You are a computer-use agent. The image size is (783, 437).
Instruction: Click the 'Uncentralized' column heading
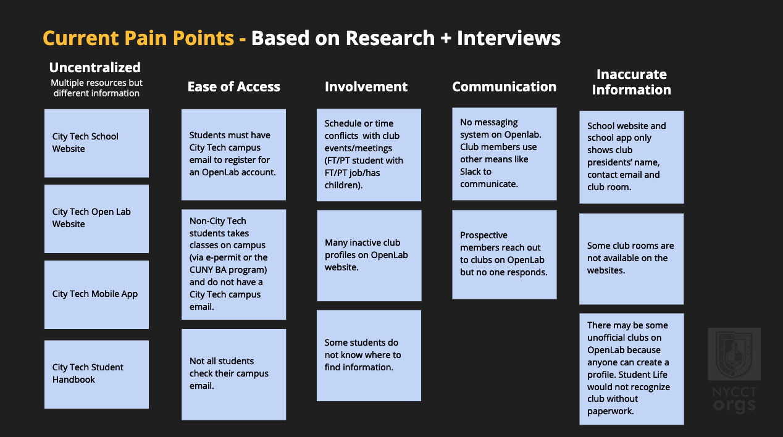[x=94, y=67]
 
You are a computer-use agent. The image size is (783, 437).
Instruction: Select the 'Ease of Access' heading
[x=234, y=86]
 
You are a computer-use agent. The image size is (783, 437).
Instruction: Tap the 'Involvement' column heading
[x=366, y=86]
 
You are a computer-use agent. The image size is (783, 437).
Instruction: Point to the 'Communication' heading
[x=504, y=86]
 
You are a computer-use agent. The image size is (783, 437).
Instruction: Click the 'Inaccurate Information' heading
[x=631, y=82]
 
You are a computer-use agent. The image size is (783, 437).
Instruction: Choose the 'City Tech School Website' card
[x=96, y=143]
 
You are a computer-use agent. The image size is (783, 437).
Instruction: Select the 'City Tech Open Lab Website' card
[x=96, y=218]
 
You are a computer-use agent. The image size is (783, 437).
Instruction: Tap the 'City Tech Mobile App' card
[x=96, y=294]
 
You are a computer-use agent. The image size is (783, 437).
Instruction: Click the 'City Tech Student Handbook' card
[x=96, y=375]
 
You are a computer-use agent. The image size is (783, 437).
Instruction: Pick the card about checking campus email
[x=233, y=375]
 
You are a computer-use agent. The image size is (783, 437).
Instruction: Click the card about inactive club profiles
[x=369, y=256]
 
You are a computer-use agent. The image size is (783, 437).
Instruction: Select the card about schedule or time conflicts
[x=369, y=155]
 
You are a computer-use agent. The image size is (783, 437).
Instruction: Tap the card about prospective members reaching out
[x=505, y=254]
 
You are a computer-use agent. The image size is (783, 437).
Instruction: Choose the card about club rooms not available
[x=631, y=259]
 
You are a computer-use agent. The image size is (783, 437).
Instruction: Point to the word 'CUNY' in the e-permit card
[x=201, y=270]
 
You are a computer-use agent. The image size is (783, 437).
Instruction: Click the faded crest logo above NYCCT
[x=734, y=354]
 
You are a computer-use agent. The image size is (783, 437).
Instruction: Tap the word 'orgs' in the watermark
[x=734, y=406]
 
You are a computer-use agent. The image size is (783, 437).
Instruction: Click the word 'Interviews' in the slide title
[x=509, y=38]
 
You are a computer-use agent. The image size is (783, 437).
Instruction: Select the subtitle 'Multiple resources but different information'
[x=96, y=88]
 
